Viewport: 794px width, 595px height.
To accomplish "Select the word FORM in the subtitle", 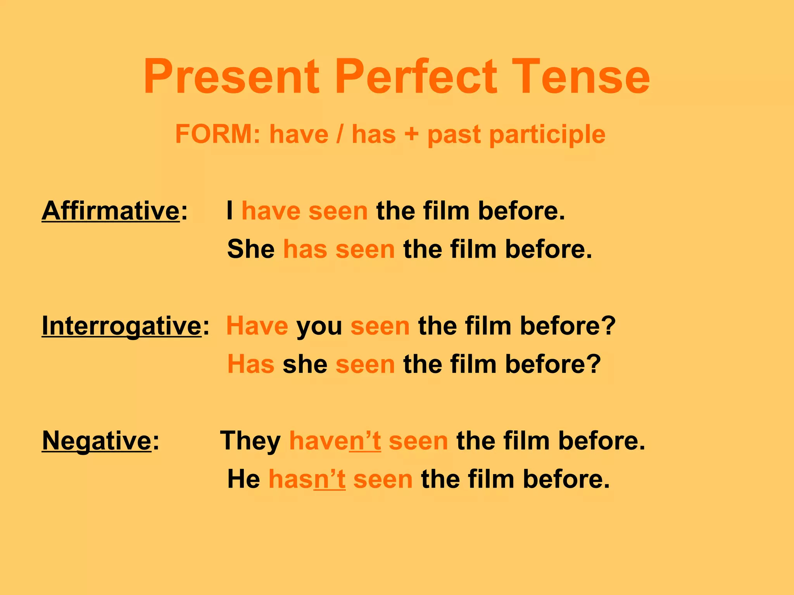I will click(212, 134).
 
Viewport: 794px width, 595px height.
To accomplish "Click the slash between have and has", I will click(340, 134).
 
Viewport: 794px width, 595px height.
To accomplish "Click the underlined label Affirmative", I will click(111, 211).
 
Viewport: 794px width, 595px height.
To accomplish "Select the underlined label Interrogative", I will click(121, 326).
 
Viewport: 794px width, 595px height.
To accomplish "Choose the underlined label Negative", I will click(97, 441).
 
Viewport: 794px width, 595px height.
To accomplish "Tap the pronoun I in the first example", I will click(230, 211).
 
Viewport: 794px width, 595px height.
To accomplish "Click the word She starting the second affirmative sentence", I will click(251, 249).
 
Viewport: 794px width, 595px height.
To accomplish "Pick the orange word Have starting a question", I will click(257, 326).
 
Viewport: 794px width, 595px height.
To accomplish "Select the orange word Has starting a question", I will click(251, 364).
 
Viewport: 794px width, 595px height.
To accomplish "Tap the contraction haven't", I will click(335, 441).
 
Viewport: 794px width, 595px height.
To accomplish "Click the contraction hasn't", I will click(307, 479).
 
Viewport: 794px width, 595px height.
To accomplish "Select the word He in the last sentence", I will click(243, 479).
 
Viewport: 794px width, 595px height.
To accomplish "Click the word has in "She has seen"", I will click(305, 249).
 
